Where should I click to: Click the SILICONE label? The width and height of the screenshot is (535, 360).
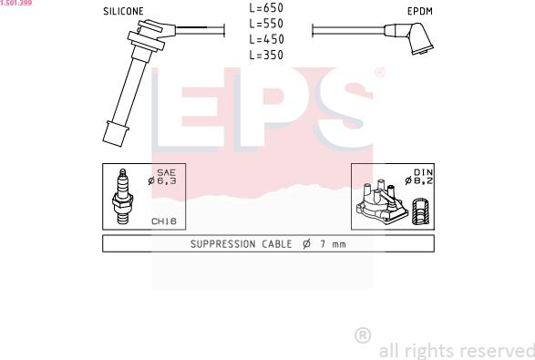123,11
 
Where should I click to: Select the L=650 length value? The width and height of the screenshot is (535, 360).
266,8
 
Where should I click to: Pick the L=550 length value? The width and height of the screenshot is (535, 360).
266,24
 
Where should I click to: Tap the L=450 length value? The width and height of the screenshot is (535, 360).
266,39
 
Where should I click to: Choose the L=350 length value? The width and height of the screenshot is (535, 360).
266,55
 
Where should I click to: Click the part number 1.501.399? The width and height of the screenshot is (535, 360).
16,4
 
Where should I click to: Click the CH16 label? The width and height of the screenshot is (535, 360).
164,221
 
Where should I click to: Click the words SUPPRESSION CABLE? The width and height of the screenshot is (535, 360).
241,244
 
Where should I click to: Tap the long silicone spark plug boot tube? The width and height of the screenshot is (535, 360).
127,91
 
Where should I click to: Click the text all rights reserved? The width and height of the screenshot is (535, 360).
456,350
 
